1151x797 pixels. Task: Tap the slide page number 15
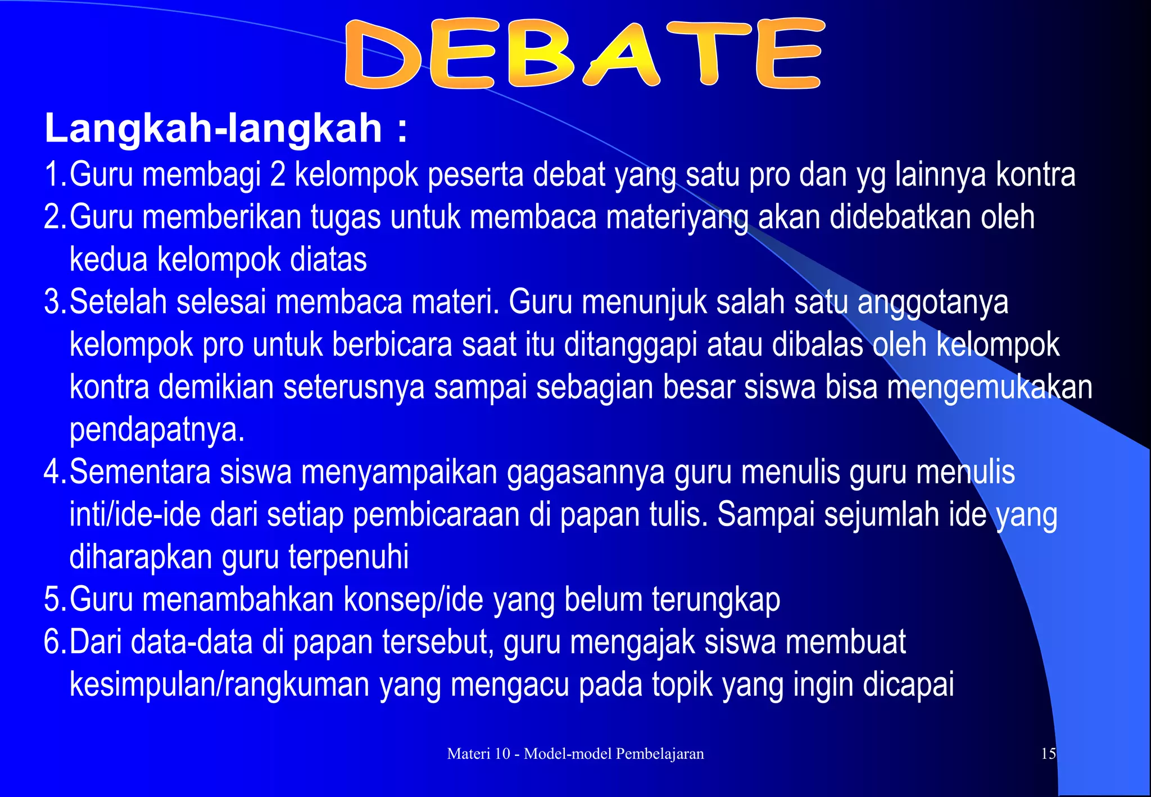pos(1048,754)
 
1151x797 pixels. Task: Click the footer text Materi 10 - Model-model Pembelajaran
pos(575,754)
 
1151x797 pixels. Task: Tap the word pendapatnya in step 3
pos(157,431)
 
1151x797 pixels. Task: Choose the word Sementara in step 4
pos(139,472)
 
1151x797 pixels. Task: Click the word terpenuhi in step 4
pos(348,558)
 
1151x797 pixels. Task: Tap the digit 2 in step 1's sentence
pos(278,174)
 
